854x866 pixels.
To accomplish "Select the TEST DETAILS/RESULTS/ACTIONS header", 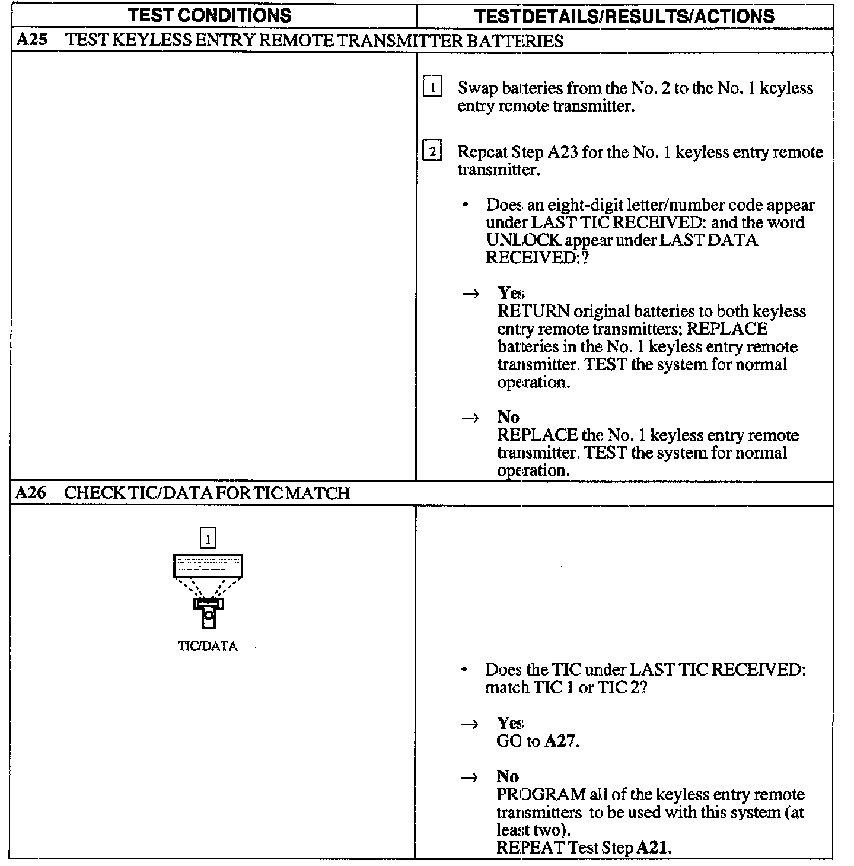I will point(624,16).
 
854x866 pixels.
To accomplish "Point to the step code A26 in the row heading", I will point(30,493).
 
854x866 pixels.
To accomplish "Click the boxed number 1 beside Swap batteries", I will point(432,88).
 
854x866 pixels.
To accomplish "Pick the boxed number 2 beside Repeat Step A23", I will point(432,152).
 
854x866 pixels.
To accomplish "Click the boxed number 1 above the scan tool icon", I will point(208,539).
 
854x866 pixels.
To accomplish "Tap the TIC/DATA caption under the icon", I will point(208,647).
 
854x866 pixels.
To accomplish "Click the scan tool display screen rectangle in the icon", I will point(208,566).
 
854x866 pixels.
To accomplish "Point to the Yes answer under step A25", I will point(511,293).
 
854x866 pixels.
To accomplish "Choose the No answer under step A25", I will point(508,417).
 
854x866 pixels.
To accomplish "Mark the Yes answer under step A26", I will point(510,723).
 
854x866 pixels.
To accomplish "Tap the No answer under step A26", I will point(508,777).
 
